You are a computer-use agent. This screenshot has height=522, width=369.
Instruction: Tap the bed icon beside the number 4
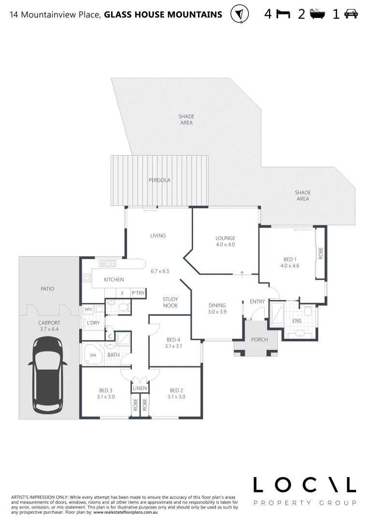283,14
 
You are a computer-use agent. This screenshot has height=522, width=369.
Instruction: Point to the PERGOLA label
159,180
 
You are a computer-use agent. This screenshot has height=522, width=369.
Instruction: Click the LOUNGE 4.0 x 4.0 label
225,241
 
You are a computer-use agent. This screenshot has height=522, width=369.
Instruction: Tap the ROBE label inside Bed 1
320,254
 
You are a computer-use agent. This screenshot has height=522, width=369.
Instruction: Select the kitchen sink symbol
108,263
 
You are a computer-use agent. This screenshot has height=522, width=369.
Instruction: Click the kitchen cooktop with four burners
87,278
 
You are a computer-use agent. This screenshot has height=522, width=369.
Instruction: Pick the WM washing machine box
88,308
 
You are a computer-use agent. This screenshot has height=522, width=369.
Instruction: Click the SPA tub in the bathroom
93,355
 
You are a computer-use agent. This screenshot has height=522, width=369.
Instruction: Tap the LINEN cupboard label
140,388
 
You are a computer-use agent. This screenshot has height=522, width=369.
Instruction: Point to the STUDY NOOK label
170,303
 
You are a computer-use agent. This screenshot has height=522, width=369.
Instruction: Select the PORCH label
259,339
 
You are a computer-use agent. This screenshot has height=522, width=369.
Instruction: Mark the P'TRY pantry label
138,293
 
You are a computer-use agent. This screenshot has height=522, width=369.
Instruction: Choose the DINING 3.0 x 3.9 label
217,308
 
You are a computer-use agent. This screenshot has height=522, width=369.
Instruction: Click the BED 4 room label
174,343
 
